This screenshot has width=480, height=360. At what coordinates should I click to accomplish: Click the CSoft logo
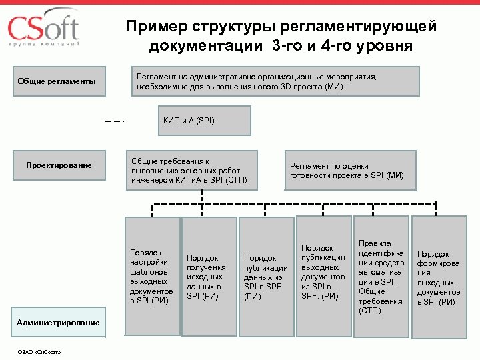tap(43, 28)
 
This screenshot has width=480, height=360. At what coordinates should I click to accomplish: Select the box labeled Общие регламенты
tap(56, 81)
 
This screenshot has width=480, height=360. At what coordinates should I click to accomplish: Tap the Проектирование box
tap(59, 165)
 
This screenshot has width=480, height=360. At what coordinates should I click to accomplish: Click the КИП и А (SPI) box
tap(204, 121)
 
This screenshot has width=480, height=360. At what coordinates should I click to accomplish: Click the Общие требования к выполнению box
tap(191, 170)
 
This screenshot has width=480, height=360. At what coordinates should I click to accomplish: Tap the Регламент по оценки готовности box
tap(351, 170)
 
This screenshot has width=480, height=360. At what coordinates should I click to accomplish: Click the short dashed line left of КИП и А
tap(115, 121)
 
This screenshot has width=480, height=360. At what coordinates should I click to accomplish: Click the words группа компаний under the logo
tap(45, 45)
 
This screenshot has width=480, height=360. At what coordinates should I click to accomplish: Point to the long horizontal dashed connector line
tap(293, 203)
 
